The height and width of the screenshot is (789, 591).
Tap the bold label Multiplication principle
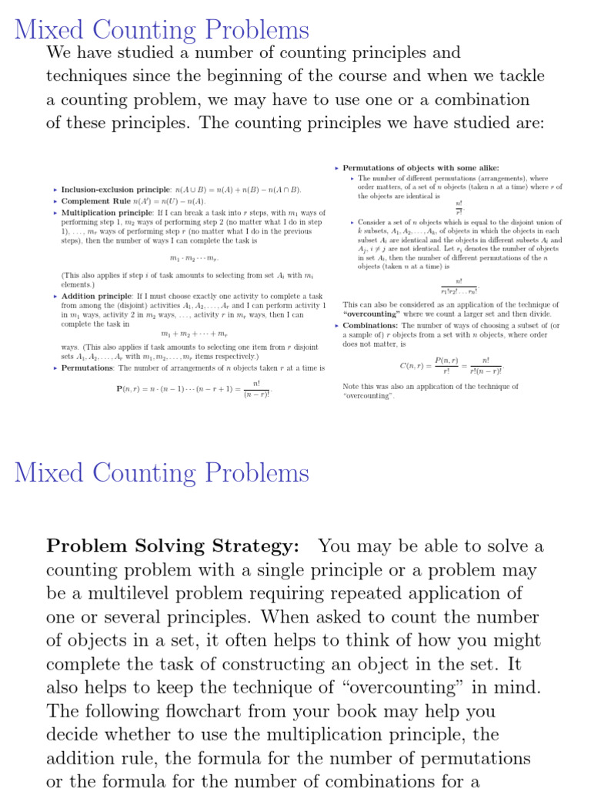click(107, 213)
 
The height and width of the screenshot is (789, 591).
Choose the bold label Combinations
click(370, 326)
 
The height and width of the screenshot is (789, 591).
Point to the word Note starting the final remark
click(351, 387)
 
